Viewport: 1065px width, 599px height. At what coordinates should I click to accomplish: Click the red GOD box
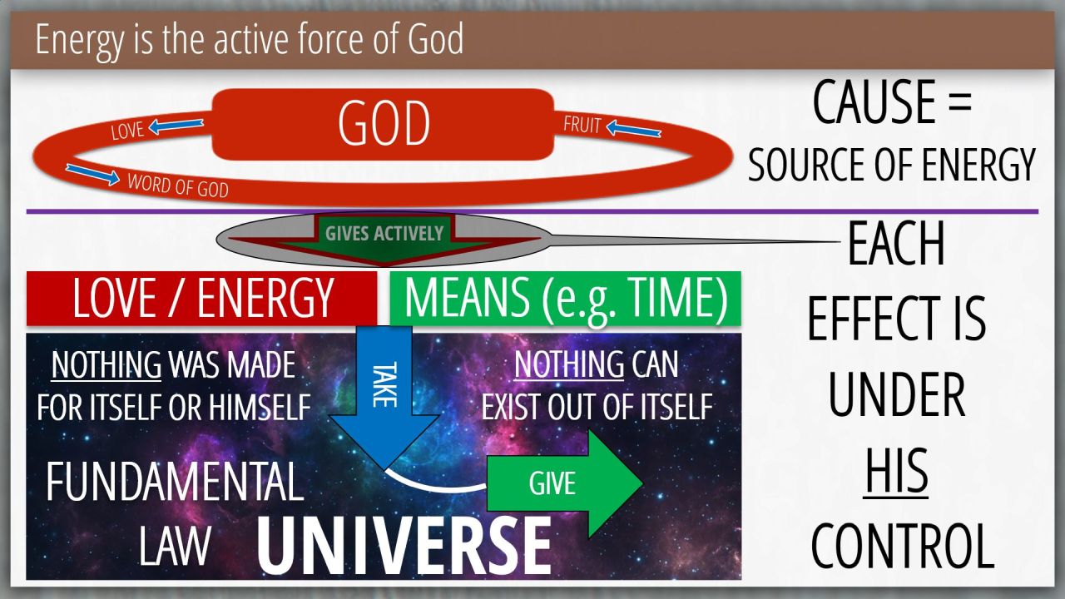[x=383, y=124]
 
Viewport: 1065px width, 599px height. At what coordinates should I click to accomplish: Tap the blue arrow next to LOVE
[x=176, y=126]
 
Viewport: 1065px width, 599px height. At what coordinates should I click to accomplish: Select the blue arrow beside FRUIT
[x=634, y=128]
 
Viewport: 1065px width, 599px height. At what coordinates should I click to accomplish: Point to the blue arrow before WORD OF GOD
[x=92, y=174]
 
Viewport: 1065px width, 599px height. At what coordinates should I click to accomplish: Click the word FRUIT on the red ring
[x=582, y=125]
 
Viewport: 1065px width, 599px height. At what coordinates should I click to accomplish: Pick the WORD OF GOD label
[x=178, y=186]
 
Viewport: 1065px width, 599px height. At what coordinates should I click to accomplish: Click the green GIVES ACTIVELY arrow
[x=384, y=239]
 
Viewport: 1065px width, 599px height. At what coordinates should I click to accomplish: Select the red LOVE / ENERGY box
[x=201, y=299]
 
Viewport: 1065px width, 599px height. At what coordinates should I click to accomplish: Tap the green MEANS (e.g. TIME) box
[x=565, y=299]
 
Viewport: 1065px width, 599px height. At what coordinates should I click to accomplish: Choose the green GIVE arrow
[x=565, y=483]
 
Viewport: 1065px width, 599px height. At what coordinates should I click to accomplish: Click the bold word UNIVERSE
[x=404, y=547]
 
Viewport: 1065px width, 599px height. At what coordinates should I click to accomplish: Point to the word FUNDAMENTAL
[x=175, y=481]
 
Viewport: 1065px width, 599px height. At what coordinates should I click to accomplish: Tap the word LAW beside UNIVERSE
[x=175, y=546]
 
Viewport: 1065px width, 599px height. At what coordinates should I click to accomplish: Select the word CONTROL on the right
[x=902, y=546]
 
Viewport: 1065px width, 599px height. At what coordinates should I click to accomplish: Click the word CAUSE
[x=874, y=102]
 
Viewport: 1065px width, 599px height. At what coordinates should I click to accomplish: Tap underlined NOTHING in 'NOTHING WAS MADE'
[x=106, y=365]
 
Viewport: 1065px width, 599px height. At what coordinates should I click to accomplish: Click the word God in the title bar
[x=435, y=39]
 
